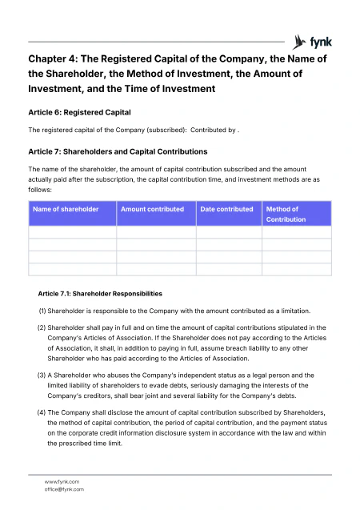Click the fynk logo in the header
tap(313, 41)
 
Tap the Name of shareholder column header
tap(66, 210)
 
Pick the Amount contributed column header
tap(152, 210)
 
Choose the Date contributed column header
tap(227, 210)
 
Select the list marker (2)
tap(42, 327)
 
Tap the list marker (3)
tap(42, 375)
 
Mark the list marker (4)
tap(42, 412)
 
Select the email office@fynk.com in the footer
tap(64, 489)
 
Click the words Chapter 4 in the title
tap(56, 58)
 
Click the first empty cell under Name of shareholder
tap(73, 232)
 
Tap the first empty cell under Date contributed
tap(229, 232)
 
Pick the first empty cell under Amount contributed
tap(157, 232)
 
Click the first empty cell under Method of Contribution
tap(296, 232)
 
